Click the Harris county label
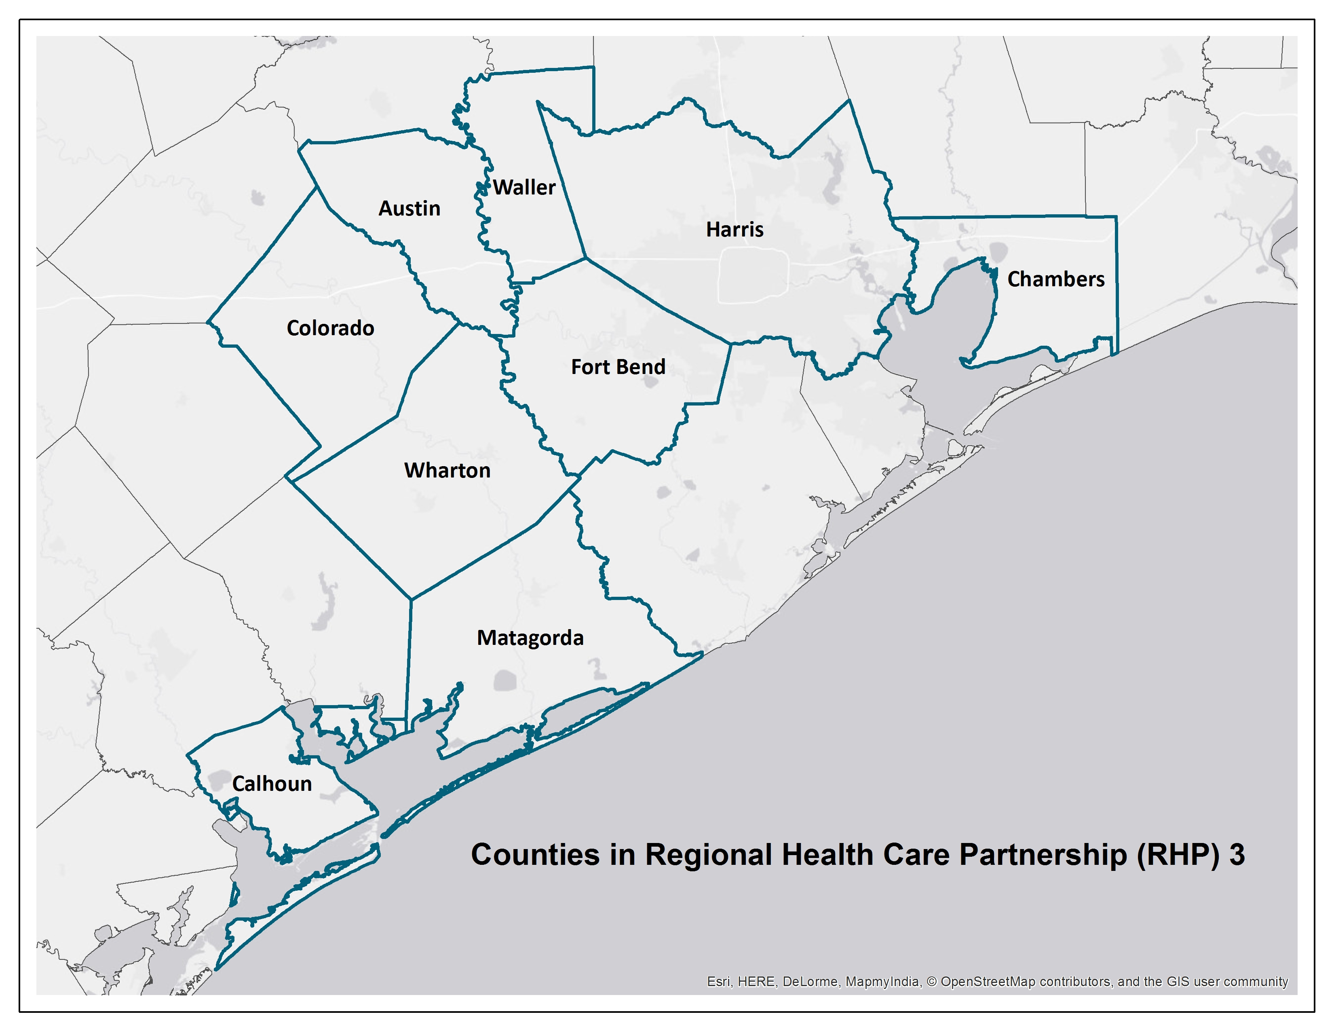(x=735, y=230)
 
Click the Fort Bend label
(x=618, y=367)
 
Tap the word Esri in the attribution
(x=719, y=982)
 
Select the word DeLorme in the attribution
(x=811, y=982)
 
